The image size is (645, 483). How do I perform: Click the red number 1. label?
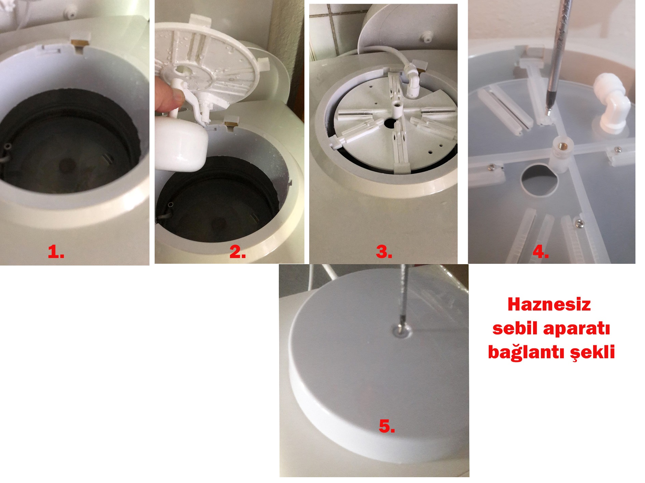pyautogui.click(x=56, y=252)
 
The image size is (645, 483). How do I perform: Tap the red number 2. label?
pyautogui.click(x=238, y=252)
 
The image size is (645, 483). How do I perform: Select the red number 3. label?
pyautogui.click(x=384, y=252)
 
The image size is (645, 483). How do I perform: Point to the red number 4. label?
pyautogui.click(x=541, y=252)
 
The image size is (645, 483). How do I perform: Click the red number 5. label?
pyautogui.click(x=387, y=426)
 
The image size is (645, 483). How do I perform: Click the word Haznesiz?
pyautogui.click(x=549, y=304)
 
